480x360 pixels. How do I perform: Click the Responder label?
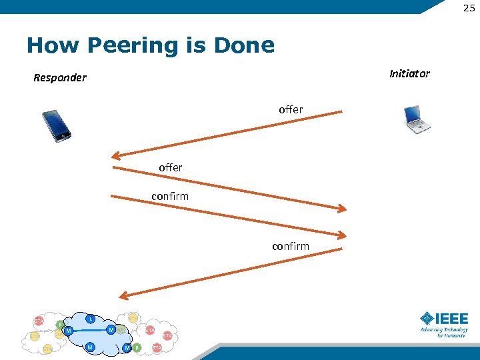coord(60,78)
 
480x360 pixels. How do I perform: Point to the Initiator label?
coord(409,73)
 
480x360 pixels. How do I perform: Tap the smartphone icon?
coord(56,125)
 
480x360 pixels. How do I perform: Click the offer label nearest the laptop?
coord(291,109)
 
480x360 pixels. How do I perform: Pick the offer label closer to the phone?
coord(171,168)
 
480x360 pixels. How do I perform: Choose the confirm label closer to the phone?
coord(170,196)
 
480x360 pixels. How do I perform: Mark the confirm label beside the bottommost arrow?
coord(291,247)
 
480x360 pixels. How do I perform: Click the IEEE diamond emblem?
coord(426,319)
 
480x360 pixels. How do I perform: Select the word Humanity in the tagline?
coord(455,335)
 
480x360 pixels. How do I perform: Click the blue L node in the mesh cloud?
coord(90,319)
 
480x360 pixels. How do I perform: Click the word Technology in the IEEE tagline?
coord(455,329)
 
